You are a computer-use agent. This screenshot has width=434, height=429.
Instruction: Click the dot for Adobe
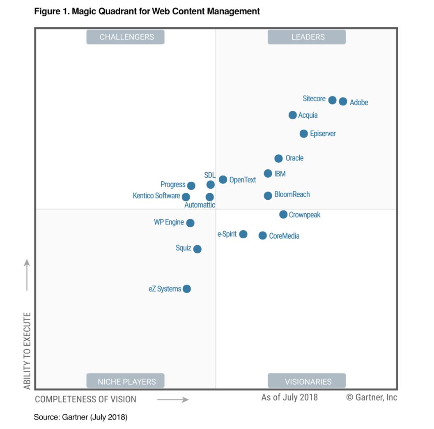[343, 101]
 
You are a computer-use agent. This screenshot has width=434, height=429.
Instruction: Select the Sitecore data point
[332, 100]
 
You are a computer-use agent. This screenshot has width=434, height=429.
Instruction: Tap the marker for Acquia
[292, 115]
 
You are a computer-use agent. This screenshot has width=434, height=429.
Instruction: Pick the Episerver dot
[303, 134]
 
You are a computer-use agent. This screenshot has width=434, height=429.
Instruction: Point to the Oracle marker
[278, 158]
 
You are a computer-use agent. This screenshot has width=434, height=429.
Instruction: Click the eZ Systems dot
[187, 289]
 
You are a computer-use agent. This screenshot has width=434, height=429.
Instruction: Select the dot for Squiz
[197, 249]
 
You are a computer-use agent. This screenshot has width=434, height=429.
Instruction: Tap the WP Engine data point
[190, 223]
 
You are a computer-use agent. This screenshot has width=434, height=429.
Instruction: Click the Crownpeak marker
[283, 214]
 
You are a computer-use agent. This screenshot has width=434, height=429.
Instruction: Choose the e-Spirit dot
[243, 234]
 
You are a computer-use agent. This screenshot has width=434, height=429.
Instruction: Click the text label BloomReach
[292, 194]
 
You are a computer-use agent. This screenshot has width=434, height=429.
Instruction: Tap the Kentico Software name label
[156, 196]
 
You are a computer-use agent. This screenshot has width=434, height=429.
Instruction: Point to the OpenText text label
[242, 180]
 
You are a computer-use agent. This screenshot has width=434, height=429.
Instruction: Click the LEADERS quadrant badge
[307, 37]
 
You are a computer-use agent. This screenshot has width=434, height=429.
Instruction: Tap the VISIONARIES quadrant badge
[307, 381]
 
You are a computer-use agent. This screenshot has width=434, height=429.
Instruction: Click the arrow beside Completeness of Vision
[172, 399]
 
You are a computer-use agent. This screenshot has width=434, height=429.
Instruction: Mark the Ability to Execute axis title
[27, 351]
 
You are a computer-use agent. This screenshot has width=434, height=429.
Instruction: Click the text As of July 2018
[289, 397]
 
